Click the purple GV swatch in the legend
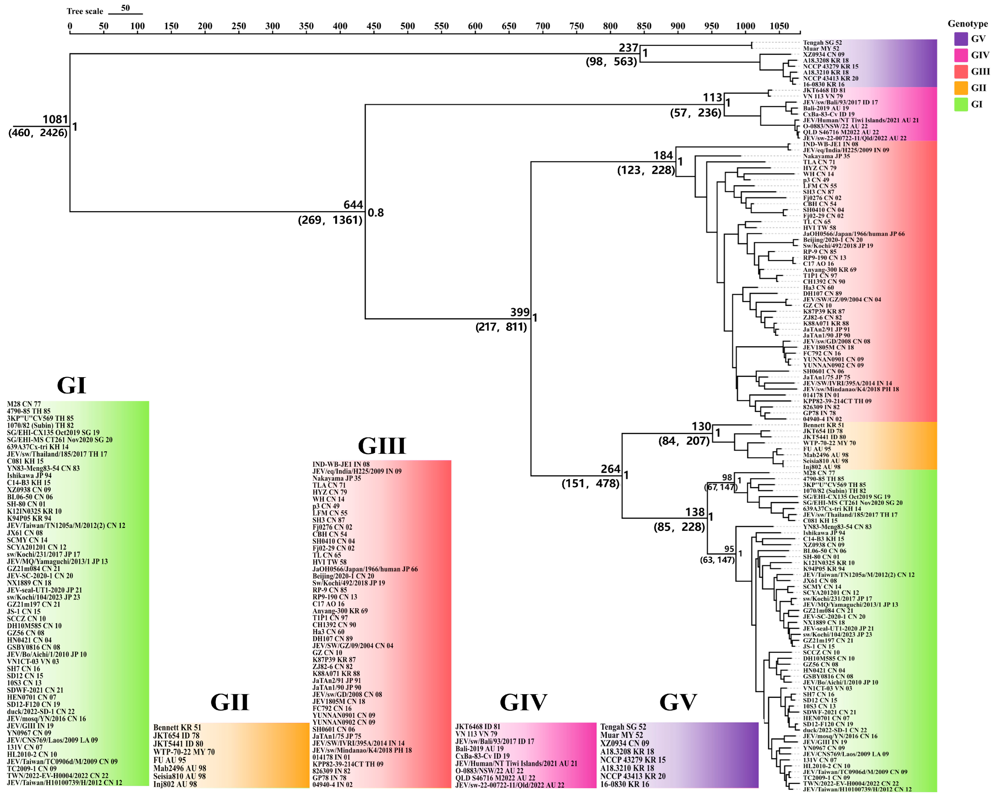coord(961,39)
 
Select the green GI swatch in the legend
coord(961,104)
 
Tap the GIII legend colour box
coord(961,71)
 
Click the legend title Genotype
coord(967,23)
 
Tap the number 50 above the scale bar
coord(125,8)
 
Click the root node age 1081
coord(55,119)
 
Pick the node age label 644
coord(353,205)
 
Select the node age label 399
coord(520,312)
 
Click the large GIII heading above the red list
coord(382,446)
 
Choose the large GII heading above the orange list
coord(230,702)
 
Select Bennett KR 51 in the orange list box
coord(177,727)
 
